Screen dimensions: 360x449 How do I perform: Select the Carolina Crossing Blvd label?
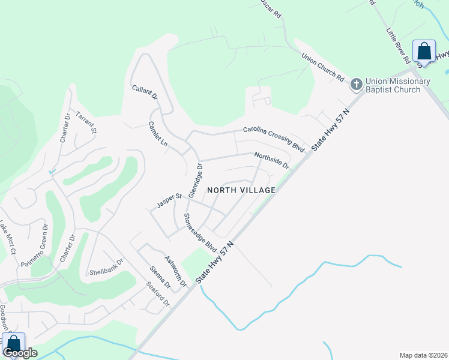click(274, 137)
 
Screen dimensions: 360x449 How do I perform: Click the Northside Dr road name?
click(272, 160)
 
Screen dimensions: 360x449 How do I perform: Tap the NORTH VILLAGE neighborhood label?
click(241, 190)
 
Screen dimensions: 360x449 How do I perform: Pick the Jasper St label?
click(169, 200)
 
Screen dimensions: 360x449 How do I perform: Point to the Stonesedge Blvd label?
click(200, 232)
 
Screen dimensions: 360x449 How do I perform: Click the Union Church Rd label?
click(323, 68)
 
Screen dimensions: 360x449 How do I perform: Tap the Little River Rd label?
click(397, 46)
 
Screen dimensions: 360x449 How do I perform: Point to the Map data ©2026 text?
click(423, 355)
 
